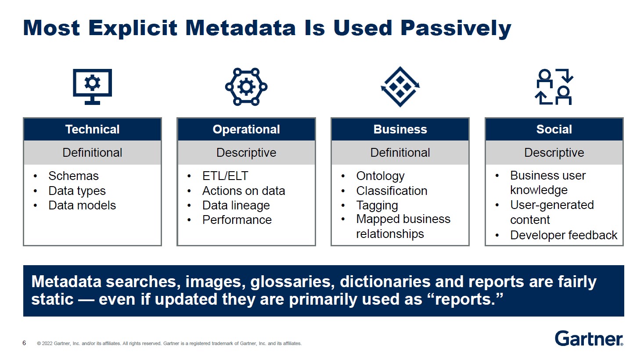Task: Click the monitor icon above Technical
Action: (x=92, y=86)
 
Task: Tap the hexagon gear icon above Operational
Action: (x=246, y=86)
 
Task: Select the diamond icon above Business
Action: (x=400, y=86)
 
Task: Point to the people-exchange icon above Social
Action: (x=554, y=86)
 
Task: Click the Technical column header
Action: (x=92, y=130)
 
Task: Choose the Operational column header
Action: (x=246, y=130)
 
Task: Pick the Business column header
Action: (x=400, y=130)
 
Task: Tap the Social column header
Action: (x=554, y=130)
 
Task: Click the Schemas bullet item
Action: (x=73, y=176)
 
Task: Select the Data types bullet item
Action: (x=77, y=191)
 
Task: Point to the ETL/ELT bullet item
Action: (x=225, y=176)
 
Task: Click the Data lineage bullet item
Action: (x=236, y=205)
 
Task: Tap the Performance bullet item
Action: (x=237, y=220)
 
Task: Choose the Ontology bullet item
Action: (x=380, y=176)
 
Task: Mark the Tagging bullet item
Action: (x=377, y=205)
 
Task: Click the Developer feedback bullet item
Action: (x=563, y=235)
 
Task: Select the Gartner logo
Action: (x=589, y=338)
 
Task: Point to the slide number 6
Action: (x=24, y=343)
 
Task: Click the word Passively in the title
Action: (x=456, y=28)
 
